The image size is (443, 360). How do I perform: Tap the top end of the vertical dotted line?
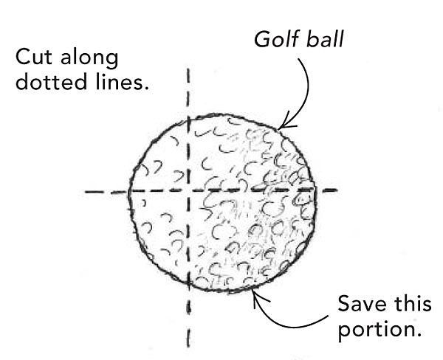pos(190,70)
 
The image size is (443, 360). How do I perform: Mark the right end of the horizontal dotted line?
pos(338,191)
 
